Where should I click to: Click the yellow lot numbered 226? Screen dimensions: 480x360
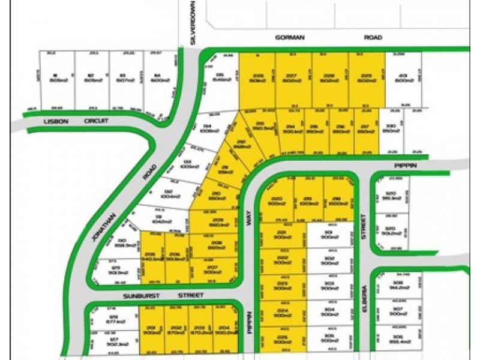click(x=258, y=78)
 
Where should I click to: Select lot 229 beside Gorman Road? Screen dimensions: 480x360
click(x=367, y=78)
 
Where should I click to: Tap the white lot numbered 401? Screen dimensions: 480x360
click(x=403, y=78)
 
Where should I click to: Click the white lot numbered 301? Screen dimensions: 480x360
click(x=328, y=235)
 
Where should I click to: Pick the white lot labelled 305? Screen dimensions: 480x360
click(x=328, y=338)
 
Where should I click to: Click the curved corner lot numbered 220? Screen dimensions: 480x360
click(x=277, y=200)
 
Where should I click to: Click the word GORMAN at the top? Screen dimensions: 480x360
click(x=290, y=37)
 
